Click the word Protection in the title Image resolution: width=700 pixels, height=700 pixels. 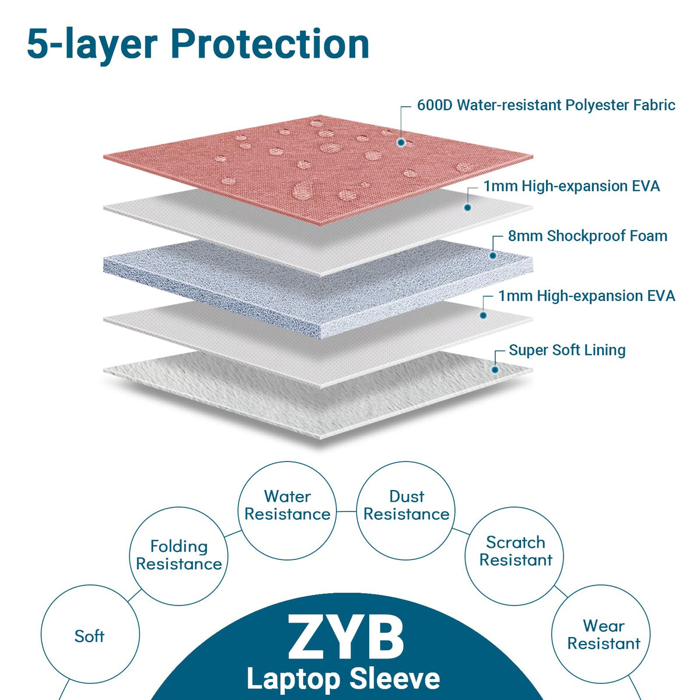270,44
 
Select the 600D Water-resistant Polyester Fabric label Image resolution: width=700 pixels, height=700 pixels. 546,106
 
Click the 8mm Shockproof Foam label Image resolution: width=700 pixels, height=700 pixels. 587,236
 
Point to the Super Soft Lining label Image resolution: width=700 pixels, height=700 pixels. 567,350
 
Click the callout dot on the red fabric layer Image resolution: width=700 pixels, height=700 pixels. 401,142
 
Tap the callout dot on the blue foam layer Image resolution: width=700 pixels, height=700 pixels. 492,256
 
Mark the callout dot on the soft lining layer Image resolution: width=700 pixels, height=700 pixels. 495,370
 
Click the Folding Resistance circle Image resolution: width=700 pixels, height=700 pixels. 178,508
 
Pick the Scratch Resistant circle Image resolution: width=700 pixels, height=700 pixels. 514,508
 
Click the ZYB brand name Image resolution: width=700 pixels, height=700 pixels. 345,638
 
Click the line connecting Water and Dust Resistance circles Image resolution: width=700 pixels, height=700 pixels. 346,512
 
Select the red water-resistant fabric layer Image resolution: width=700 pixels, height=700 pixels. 318,170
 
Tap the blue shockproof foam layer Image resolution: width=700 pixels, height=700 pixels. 318,289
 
